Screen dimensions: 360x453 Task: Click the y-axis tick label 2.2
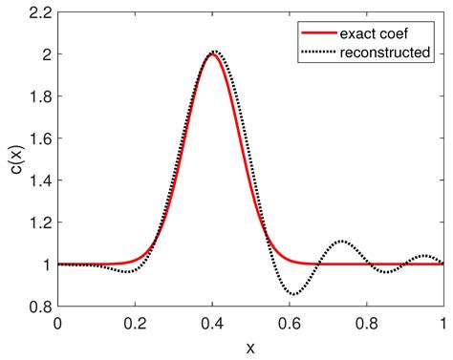coord(41,12)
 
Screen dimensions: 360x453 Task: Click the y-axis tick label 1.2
coord(41,222)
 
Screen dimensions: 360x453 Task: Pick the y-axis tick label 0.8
coord(41,307)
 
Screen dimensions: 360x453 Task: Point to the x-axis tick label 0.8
coord(367,322)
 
